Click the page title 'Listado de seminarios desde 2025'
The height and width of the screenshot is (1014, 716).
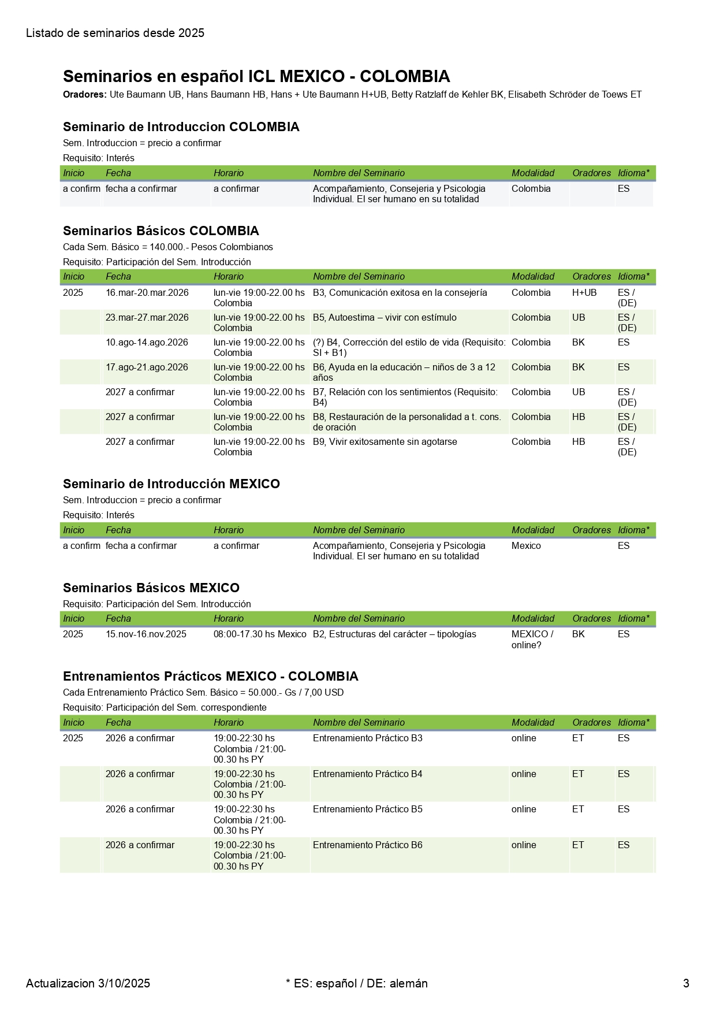pos(115,34)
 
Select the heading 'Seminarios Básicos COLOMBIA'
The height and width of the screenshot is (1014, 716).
pos(161,231)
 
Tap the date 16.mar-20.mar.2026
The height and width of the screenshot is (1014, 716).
pos(147,293)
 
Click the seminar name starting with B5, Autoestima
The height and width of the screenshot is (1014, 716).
pos(385,318)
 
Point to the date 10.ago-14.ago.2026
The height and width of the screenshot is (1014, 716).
pos(147,343)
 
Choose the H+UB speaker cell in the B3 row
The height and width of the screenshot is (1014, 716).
pos(584,293)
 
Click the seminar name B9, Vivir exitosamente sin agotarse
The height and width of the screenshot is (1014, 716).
pos(385,442)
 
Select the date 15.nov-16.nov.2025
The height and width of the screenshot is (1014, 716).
pos(146,634)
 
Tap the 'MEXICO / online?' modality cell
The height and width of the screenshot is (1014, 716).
pos(532,640)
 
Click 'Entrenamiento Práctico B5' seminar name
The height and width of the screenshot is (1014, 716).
pos(367,809)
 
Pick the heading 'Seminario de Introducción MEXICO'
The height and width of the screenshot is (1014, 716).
pos(171,484)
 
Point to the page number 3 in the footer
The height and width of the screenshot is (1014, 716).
pos(686,983)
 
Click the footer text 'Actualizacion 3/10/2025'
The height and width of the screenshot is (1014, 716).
pos(88,983)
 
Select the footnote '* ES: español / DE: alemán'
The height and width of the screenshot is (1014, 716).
pos(357,983)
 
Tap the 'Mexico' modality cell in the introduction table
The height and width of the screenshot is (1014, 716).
pos(526,546)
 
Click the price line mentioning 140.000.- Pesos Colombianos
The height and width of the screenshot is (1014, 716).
pos(167,247)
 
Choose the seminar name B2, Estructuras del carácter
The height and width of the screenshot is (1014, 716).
pos(394,634)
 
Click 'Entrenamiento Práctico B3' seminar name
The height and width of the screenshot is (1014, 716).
pos(367,738)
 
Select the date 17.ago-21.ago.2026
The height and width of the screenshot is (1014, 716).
pos(147,367)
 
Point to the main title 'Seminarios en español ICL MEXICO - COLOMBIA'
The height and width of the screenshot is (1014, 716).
pos(256,76)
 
